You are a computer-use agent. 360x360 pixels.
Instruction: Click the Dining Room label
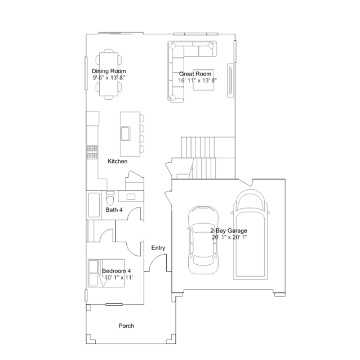coord(109,71)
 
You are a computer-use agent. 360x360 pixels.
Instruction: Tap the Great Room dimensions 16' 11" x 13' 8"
coord(197,81)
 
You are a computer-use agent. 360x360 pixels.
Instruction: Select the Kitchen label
coord(118,161)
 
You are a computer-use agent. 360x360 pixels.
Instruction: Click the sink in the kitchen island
coord(126,133)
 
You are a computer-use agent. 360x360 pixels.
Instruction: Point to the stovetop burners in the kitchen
coord(92,152)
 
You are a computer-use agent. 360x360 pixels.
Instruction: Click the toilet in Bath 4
coord(110,198)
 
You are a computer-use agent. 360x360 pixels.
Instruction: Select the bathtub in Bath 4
coord(94,205)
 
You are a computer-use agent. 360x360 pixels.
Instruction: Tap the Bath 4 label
coord(114,210)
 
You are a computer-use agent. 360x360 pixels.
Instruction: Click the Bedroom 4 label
coord(117,270)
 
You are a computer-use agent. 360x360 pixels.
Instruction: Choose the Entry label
coord(158,248)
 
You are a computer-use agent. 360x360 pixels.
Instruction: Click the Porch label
coord(126,326)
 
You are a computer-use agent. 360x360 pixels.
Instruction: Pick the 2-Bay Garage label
coord(229,230)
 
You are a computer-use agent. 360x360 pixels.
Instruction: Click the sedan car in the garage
coord(203,240)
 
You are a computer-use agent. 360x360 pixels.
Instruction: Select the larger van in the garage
coord(251,234)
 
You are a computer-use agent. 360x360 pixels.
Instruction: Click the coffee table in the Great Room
coord(203,80)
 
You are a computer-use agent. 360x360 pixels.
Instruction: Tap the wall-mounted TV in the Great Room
coord(230,81)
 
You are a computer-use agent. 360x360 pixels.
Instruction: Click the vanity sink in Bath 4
coord(131,197)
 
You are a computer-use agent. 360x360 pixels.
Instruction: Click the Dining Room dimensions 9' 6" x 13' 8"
coord(109,78)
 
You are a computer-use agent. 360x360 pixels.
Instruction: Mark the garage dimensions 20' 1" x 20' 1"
coord(229,237)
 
